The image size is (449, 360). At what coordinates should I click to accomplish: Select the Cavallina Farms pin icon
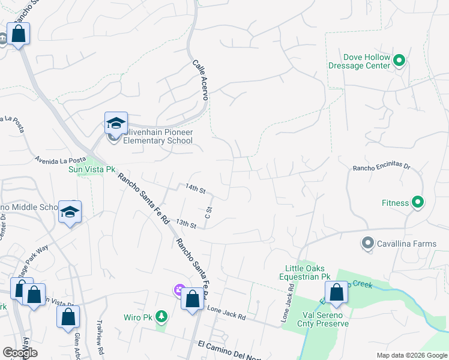point(367,243)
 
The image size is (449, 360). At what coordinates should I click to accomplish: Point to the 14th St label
point(196,189)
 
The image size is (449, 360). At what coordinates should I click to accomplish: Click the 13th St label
point(186,224)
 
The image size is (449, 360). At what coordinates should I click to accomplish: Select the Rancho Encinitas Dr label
point(381,169)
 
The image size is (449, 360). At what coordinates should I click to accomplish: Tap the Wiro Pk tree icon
point(161,316)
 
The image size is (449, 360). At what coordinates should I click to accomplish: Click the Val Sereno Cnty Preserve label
point(323,319)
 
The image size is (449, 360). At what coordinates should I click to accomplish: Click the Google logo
point(20,353)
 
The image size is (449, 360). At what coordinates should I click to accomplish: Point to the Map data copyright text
point(411,355)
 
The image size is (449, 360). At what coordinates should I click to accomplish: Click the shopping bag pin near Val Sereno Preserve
point(337,293)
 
